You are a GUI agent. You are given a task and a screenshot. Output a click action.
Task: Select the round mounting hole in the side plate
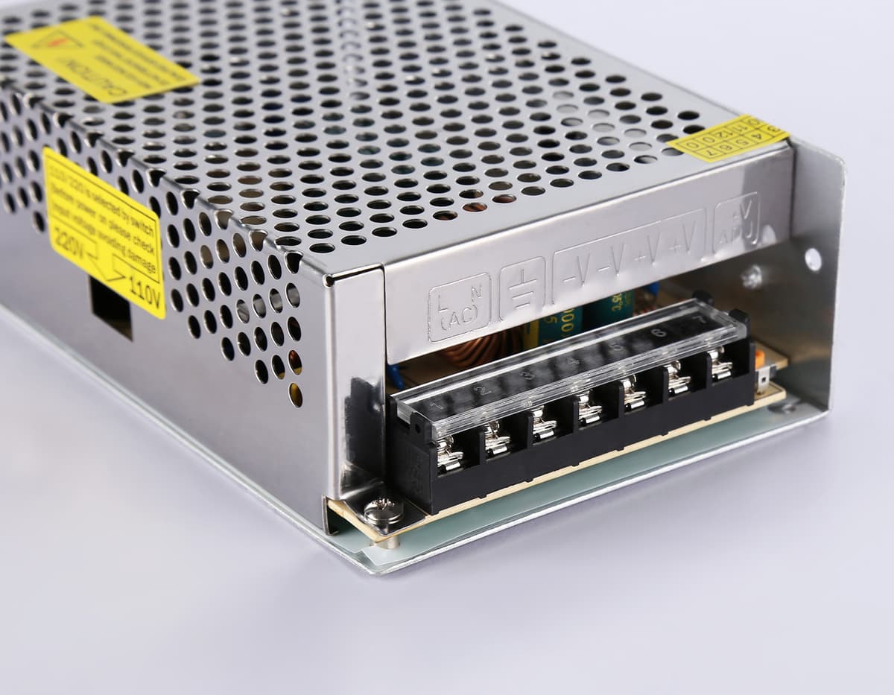point(813,259)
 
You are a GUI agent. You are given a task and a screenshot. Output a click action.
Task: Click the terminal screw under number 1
point(448,454)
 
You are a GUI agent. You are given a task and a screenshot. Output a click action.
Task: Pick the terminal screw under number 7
point(720,364)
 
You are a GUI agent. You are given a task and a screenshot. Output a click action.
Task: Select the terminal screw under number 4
point(589,409)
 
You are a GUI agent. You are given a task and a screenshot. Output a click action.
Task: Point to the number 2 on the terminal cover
point(483,390)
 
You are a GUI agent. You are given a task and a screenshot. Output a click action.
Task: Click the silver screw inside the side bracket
point(752,277)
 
